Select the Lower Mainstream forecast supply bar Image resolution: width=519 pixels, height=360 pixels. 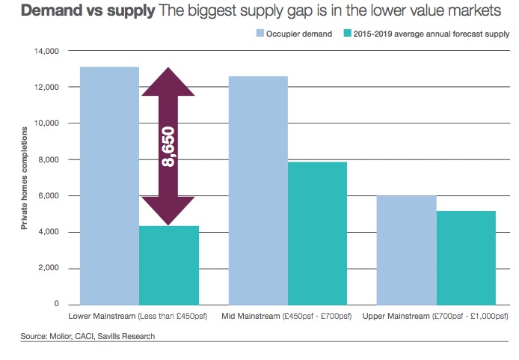click(x=169, y=265)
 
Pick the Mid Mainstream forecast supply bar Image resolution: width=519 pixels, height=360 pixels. click(x=318, y=233)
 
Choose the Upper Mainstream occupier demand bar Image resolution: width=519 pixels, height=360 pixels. click(x=407, y=250)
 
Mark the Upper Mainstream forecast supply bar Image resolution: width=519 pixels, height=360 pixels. click(x=466, y=257)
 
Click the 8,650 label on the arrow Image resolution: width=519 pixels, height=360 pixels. click(x=168, y=146)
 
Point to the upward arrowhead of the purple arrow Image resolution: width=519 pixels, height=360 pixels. click(x=168, y=82)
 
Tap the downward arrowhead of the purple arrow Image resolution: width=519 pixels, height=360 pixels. click(x=168, y=210)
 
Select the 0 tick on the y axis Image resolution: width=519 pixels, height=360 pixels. click(x=57, y=305)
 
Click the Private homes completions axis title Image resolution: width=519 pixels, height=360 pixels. click(x=24, y=177)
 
